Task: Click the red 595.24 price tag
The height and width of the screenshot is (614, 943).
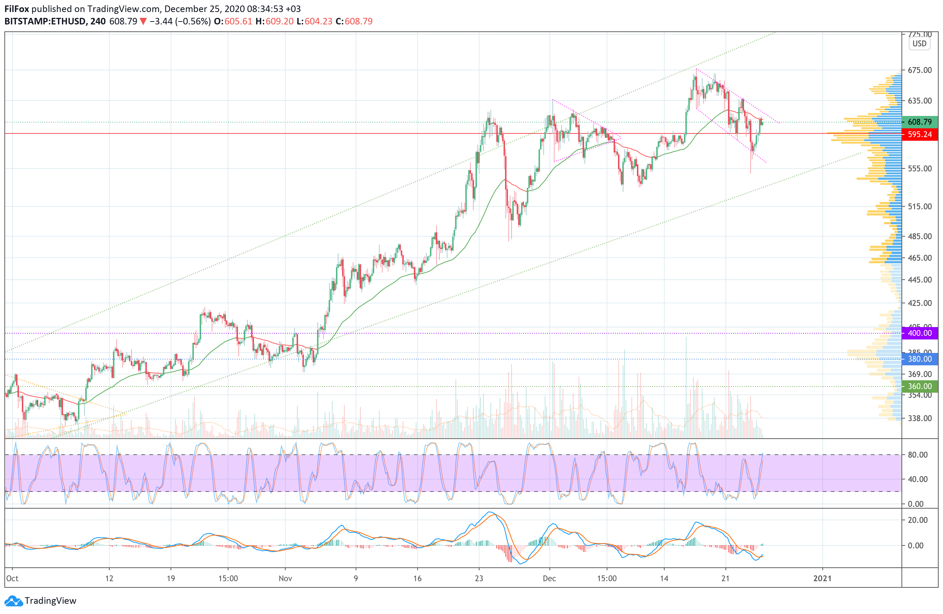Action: (919, 135)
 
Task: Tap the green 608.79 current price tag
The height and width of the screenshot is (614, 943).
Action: (919, 122)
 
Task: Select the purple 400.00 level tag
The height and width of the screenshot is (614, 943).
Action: (919, 333)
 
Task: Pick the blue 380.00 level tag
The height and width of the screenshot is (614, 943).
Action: (919, 359)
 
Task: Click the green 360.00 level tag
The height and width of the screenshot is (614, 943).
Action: (919, 386)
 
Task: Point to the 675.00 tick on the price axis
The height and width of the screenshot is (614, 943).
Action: (919, 70)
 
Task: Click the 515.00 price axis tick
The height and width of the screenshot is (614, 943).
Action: (919, 206)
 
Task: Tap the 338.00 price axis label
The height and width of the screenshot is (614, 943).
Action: (919, 418)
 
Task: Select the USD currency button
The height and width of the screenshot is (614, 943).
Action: (919, 44)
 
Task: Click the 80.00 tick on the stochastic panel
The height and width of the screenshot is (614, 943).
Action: (917, 455)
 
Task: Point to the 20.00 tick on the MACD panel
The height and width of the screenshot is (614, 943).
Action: (917, 520)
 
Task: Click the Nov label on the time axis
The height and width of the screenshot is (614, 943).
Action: (285, 578)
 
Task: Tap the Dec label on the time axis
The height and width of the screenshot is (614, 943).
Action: (549, 578)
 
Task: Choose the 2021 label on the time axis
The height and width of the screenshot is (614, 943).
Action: (822, 578)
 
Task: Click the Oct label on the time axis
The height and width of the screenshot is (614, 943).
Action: (12, 578)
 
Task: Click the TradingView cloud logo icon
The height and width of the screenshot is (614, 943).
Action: (14, 601)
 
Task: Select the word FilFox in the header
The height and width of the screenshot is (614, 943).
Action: (17, 9)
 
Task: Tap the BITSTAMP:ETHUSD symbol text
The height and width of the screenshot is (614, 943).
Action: (45, 22)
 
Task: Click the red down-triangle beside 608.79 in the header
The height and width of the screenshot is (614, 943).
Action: (143, 22)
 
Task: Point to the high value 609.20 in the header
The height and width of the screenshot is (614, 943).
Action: (279, 22)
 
